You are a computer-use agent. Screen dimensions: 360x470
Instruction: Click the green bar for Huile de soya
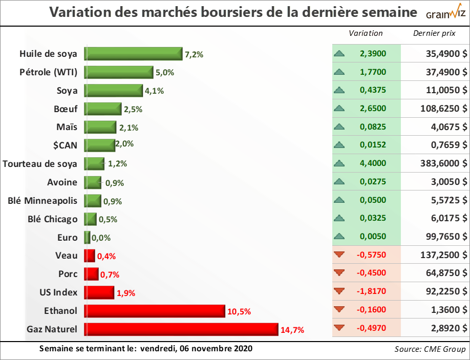coord(133,54)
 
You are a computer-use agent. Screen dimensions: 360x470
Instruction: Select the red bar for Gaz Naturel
coord(181,329)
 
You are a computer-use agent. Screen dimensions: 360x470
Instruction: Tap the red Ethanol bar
coord(155,311)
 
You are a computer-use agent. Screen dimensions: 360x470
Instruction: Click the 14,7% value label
coord(292,330)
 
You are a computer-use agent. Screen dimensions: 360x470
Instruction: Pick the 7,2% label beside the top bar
coord(195,54)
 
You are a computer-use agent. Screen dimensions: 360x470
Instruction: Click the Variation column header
coord(366,33)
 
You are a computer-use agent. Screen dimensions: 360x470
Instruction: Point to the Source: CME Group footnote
coord(430,349)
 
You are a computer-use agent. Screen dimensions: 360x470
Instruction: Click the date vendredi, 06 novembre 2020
coord(198,348)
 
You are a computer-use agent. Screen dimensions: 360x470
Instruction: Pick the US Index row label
coord(59,292)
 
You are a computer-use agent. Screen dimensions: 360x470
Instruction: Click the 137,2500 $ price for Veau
coord(440,255)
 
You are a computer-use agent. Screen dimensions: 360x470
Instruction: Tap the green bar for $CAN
coord(100,145)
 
